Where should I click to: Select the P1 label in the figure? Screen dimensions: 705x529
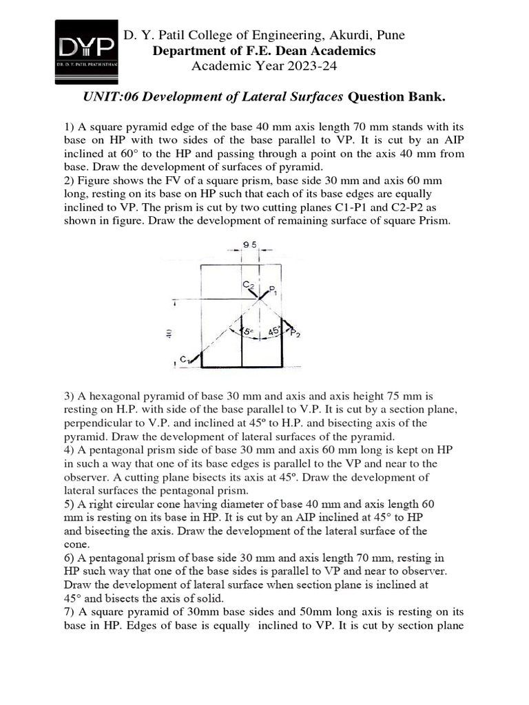[273, 290]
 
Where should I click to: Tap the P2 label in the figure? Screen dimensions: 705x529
[295, 334]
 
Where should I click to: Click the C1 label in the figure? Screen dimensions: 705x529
[184, 359]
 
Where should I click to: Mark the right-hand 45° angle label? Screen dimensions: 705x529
[275, 331]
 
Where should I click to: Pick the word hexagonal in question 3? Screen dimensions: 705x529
[112, 397]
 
